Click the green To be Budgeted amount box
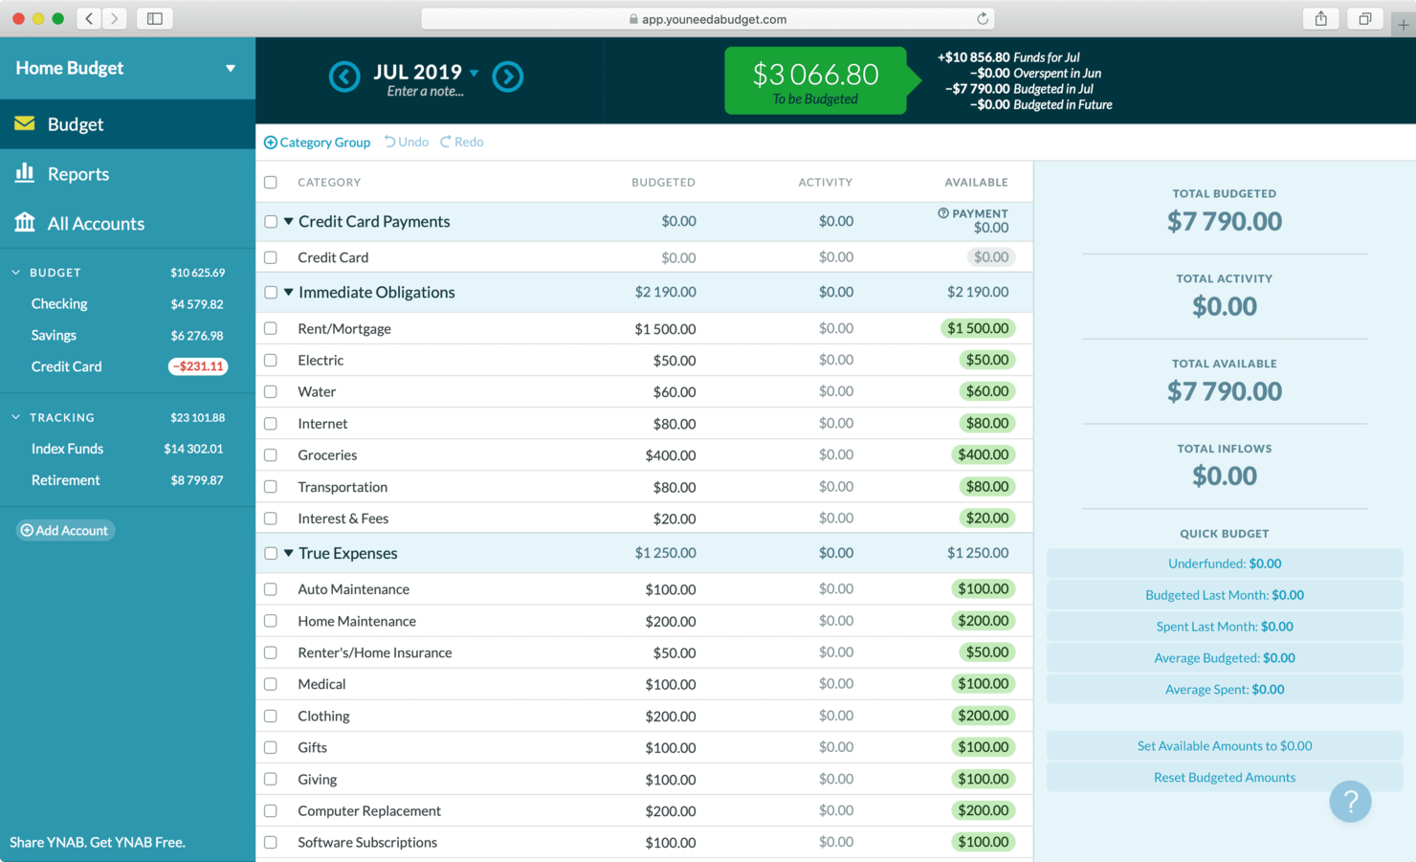click(x=815, y=80)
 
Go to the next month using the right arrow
click(x=508, y=77)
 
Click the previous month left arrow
click(x=344, y=77)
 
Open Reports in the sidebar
click(x=77, y=174)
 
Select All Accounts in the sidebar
click(x=96, y=224)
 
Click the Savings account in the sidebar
click(x=54, y=336)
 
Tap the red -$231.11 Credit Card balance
click(x=198, y=366)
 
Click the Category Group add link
click(x=318, y=143)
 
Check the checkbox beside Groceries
click(x=271, y=455)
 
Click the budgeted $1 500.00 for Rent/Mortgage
click(x=665, y=329)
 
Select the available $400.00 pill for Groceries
click(x=983, y=455)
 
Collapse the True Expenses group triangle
click(x=288, y=553)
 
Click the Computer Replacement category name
click(x=369, y=811)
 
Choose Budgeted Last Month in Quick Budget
click(x=1224, y=595)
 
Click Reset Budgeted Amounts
click(x=1224, y=778)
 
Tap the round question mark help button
click(x=1350, y=802)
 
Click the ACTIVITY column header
click(x=825, y=183)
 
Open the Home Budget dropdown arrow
click(x=230, y=69)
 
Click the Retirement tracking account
click(x=65, y=480)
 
